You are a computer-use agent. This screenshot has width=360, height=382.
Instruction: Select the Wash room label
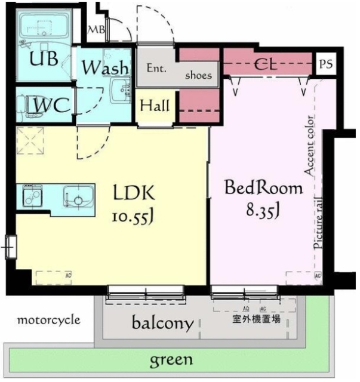pos(106,67)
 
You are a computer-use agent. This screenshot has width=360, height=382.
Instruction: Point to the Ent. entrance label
pos(156,68)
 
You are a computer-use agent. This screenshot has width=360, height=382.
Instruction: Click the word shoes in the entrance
pos(198,76)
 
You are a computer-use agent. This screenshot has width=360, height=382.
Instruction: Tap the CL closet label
pos(268,64)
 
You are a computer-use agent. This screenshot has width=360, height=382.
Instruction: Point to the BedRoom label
pos(263,189)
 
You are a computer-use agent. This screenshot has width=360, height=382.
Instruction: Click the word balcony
pos(162,324)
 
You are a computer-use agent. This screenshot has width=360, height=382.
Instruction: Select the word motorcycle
pos(48,320)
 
